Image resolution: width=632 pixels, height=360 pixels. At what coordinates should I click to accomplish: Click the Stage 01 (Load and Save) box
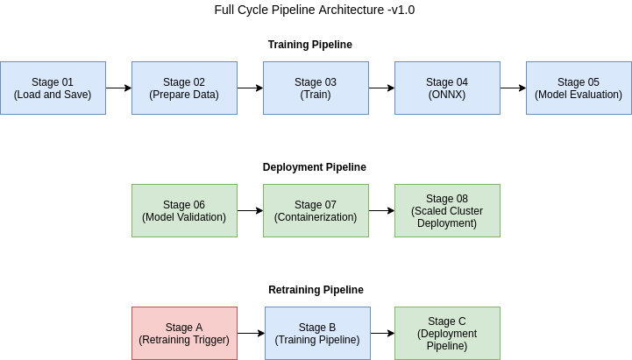click(x=53, y=88)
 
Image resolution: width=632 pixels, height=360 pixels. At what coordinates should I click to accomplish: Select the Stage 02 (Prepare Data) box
click(x=184, y=88)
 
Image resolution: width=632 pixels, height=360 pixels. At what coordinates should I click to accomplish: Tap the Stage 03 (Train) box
click(x=316, y=88)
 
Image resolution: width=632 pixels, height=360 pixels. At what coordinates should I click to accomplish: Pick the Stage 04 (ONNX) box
click(x=447, y=88)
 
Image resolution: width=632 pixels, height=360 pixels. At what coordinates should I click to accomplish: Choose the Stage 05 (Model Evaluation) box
click(x=579, y=88)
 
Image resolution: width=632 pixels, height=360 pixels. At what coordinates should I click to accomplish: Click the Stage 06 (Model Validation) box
click(x=184, y=210)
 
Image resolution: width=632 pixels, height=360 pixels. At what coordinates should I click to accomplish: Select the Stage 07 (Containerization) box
click(x=316, y=210)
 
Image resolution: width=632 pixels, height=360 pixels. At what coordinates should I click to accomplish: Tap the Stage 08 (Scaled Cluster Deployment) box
click(x=447, y=210)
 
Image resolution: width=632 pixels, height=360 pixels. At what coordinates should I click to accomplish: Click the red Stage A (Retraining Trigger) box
click(x=184, y=333)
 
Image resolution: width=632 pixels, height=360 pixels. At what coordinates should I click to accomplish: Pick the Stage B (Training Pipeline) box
click(x=317, y=333)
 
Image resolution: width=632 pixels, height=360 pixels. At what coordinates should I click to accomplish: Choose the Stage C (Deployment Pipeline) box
click(x=447, y=333)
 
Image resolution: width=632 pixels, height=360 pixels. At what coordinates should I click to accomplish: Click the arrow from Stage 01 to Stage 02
click(x=118, y=88)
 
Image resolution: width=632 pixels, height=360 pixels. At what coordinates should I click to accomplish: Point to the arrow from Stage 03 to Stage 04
click(x=381, y=88)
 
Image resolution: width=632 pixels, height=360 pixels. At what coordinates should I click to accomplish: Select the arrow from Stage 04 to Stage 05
click(x=513, y=88)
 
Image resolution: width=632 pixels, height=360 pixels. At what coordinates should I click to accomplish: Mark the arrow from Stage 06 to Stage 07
click(x=250, y=210)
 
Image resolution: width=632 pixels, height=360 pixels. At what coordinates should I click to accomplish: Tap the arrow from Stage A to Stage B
click(x=251, y=333)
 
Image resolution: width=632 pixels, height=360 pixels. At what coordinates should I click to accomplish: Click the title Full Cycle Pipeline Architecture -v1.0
click(x=315, y=11)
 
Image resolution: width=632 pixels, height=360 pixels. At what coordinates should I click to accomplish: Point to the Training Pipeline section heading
click(x=316, y=44)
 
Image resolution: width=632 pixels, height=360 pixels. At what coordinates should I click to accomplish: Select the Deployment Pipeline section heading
click(x=315, y=166)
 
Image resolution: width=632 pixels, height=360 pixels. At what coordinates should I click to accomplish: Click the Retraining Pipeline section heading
click(x=316, y=289)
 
